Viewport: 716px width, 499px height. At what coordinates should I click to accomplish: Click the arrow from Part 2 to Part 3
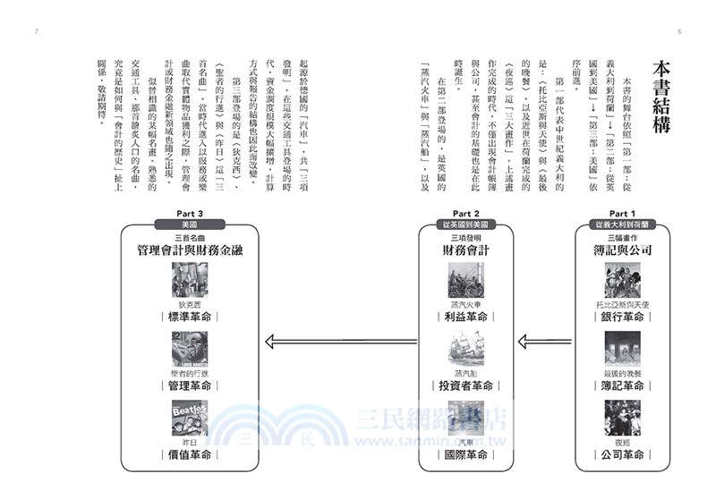coord(345,339)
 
